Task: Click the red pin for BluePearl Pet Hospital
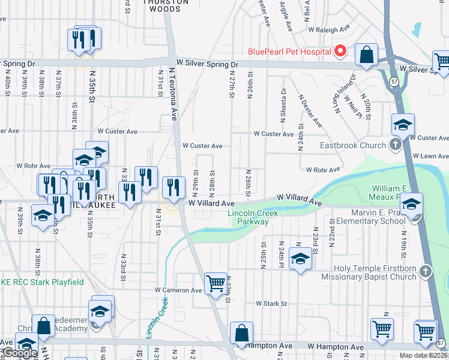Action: (x=340, y=51)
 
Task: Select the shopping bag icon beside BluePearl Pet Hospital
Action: (x=366, y=55)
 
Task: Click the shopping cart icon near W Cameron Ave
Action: (x=215, y=283)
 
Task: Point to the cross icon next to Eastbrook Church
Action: (x=395, y=145)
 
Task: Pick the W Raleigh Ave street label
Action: (x=329, y=28)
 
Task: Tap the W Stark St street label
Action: (x=271, y=304)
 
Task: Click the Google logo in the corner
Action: (x=19, y=353)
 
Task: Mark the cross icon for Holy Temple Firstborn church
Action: (x=426, y=271)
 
